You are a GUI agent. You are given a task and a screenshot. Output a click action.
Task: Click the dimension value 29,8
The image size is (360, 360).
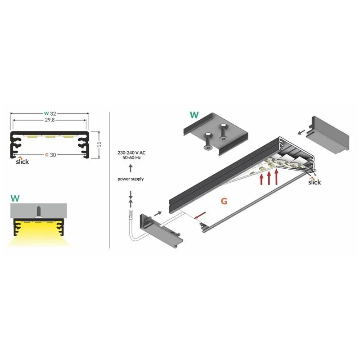click(49, 120)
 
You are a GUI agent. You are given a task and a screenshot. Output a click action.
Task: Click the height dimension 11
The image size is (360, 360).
click(99, 144)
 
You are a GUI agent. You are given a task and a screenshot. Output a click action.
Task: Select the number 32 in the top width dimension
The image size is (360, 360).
click(53, 113)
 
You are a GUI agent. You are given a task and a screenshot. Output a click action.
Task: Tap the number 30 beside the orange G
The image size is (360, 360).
click(53, 155)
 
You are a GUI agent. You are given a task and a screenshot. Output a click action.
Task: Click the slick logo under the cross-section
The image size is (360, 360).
click(22, 161)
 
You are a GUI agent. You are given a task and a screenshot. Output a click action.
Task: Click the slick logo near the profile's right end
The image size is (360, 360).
click(314, 181)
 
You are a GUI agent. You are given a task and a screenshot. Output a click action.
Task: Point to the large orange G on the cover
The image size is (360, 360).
click(224, 201)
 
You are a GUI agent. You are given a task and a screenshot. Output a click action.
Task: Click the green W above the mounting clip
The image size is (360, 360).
click(194, 115)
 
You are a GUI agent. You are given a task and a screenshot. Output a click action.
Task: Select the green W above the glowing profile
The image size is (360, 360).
click(15, 198)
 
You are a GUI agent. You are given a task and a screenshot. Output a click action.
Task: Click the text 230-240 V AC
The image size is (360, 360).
click(131, 153)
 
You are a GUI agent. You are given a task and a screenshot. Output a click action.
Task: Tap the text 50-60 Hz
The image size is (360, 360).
click(131, 158)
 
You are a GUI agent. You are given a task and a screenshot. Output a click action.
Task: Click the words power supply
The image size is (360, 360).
click(130, 179)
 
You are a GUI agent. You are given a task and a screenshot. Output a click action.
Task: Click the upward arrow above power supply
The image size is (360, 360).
click(130, 168)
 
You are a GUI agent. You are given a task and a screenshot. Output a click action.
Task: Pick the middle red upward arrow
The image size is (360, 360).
click(269, 177)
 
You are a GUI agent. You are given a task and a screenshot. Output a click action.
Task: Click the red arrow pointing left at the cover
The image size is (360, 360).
click(199, 216)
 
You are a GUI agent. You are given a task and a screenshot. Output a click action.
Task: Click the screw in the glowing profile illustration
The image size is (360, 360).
click(39, 211)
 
